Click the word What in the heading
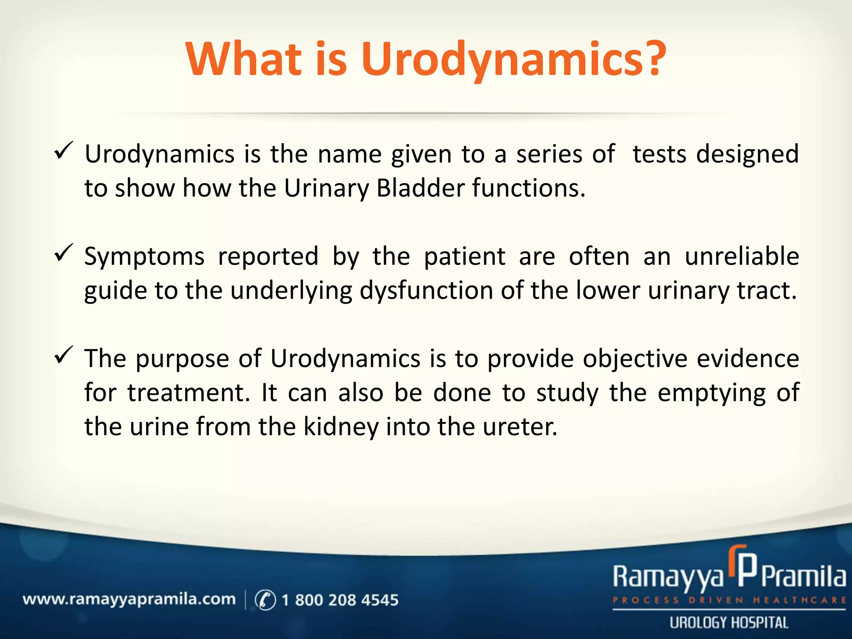[x=244, y=59]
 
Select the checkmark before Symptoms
[x=64, y=253]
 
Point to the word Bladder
[x=420, y=188]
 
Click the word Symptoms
[x=144, y=256]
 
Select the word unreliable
[x=742, y=256]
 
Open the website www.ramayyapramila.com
[x=129, y=599]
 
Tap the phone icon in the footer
[x=265, y=600]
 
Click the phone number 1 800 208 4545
[x=339, y=600]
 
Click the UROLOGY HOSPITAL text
[x=729, y=623]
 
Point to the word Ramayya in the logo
[x=668, y=577]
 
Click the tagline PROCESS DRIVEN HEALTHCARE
[x=729, y=600]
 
